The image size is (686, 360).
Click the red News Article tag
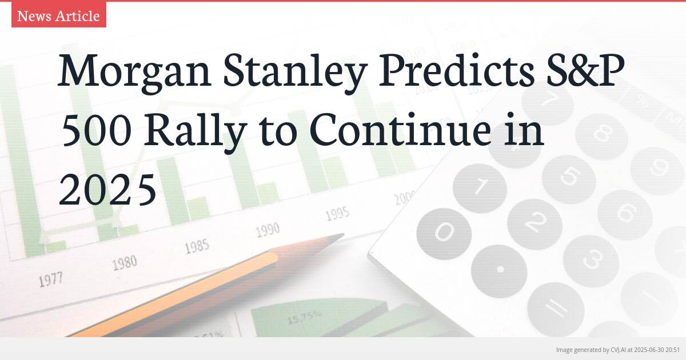pyautogui.click(x=58, y=15)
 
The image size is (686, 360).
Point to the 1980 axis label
pyautogui.click(x=124, y=263)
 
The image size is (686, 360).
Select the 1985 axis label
pyautogui.click(x=197, y=246)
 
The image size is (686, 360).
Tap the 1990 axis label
pyautogui.click(x=267, y=230)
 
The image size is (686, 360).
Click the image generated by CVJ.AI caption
pyautogui.click(x=617, y=349)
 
